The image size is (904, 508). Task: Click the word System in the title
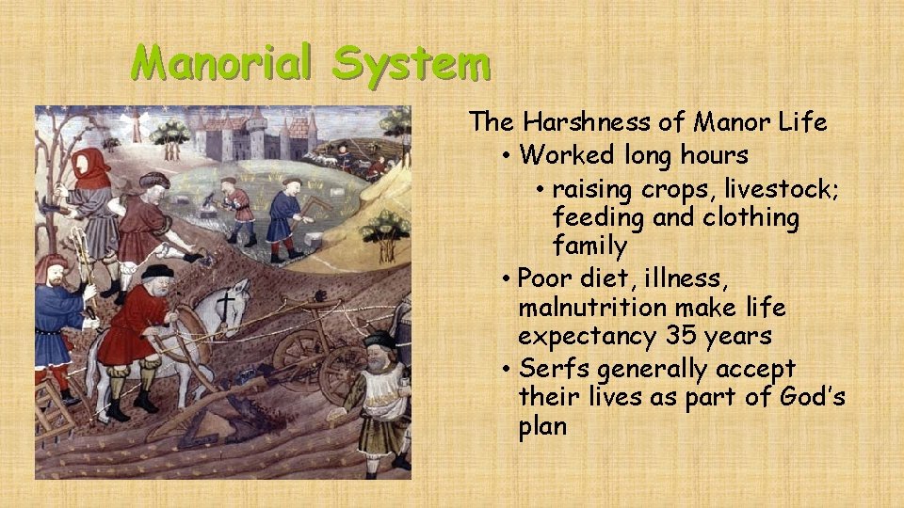click(412, 63)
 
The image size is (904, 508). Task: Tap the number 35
click(683, 336)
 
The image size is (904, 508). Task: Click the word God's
click(813, 397)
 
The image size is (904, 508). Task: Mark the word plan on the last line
click(542, 426)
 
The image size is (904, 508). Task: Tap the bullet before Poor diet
click(507, 279)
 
